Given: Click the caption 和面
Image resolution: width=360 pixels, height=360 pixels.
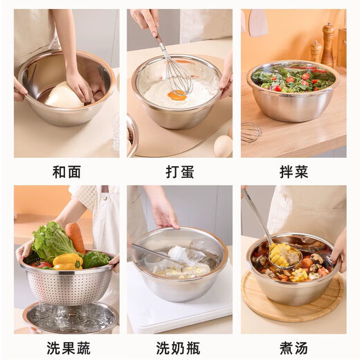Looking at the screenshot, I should point(66,172).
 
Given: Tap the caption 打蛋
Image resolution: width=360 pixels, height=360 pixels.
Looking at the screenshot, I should point(179,172).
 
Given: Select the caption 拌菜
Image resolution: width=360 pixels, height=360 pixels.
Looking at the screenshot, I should point(294,172).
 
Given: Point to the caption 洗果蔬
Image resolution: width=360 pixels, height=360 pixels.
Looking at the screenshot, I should point(66,346).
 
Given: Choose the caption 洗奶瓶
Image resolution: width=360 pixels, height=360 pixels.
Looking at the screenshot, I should point(179,346).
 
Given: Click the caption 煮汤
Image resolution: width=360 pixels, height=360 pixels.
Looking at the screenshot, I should point(294,346).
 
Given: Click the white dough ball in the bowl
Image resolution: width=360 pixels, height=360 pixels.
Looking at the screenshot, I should point(64,96).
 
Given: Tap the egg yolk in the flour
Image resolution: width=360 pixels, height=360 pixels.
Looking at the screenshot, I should point(177,96).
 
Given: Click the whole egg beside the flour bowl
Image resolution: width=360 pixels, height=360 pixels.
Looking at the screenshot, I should point(223,145).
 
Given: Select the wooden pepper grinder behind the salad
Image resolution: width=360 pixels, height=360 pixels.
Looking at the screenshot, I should point(327,45).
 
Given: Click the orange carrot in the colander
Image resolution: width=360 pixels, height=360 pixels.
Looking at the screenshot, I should point(76,237).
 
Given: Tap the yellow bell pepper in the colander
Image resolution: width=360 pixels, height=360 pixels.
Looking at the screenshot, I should point(67,261).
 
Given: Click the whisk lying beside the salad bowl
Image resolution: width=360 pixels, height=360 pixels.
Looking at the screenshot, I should point(251,131).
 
